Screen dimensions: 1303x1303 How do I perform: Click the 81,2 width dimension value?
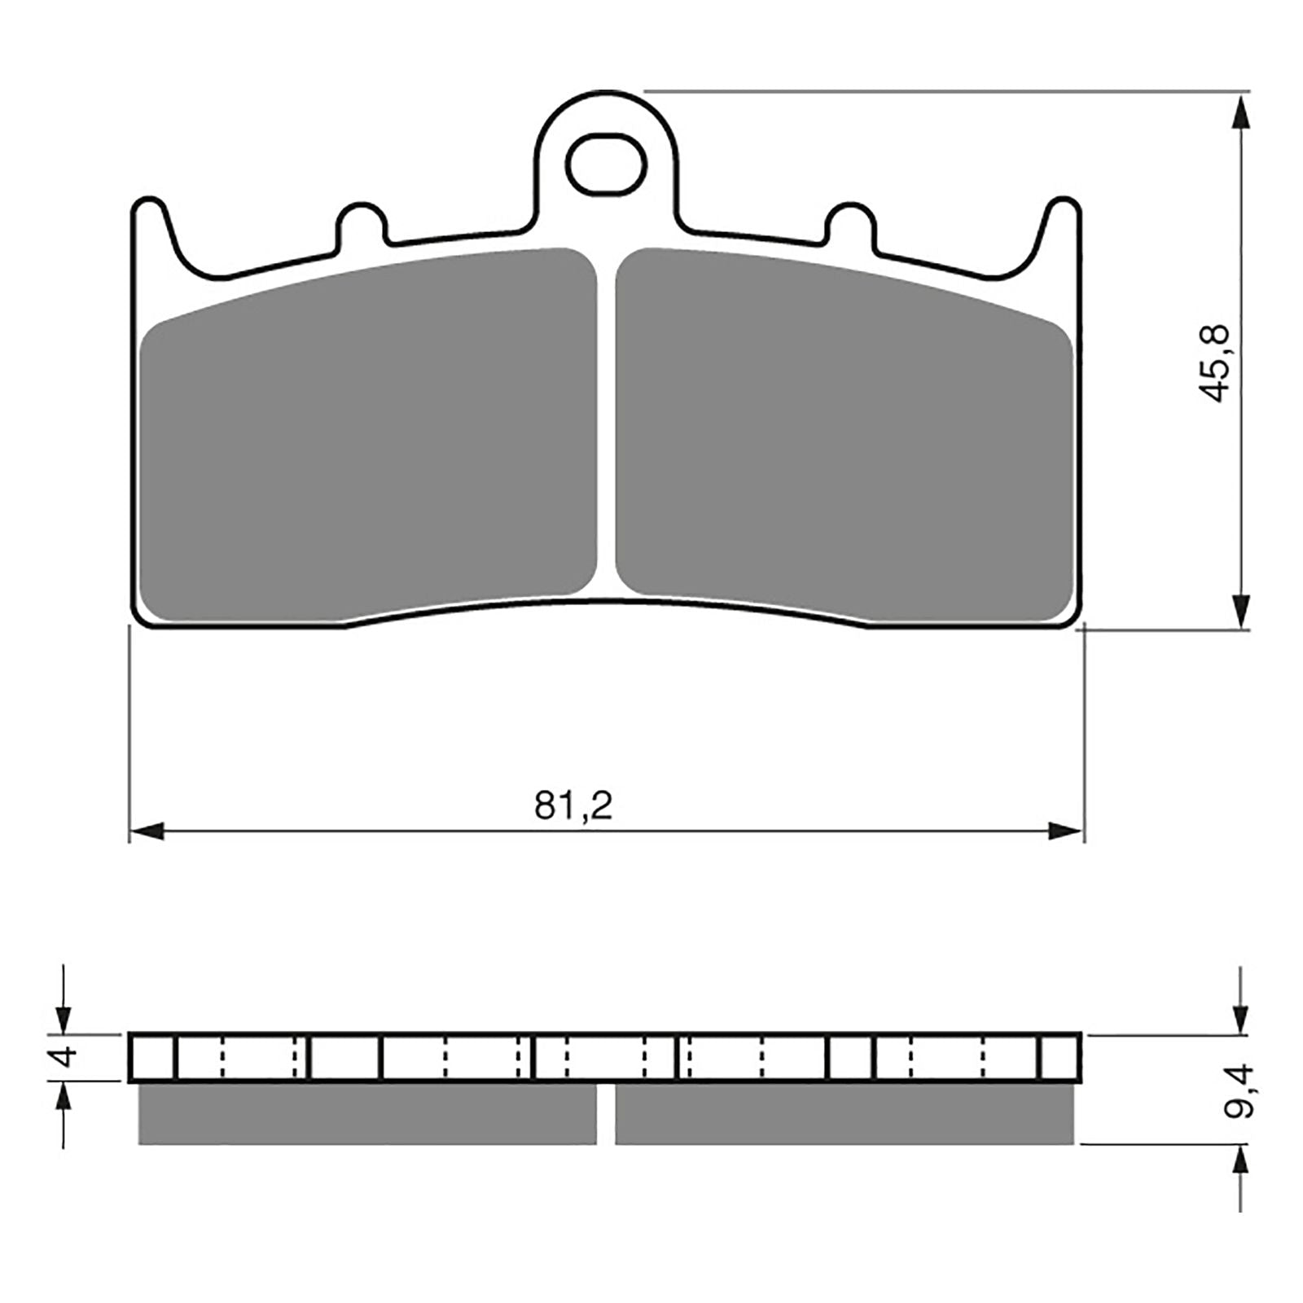point(573,806)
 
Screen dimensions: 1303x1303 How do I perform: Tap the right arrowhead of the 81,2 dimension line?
point(1065,831)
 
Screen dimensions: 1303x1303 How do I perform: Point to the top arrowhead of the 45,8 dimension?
point(1240,112)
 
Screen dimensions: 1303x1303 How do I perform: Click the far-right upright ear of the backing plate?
point(1063,220)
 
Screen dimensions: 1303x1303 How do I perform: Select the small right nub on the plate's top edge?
point(851,222)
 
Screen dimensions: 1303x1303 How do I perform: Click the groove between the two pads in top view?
point(606,423)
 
